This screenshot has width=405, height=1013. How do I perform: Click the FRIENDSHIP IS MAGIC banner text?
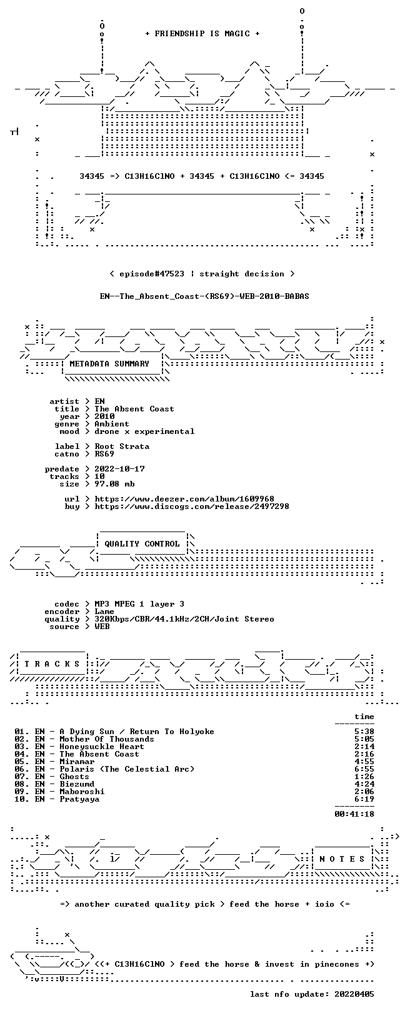pyautogui.click(x=202, y=34)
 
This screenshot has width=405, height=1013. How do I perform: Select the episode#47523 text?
pyautogui.click(x=152, y=274)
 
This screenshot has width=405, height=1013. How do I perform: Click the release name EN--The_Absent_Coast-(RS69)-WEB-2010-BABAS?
pyautogui.click(x=205, y=296)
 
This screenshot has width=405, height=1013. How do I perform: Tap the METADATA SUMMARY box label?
pyautogui.click(x=109, y=363)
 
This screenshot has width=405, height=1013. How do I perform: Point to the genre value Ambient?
pyautogui.click(x=112, y=424)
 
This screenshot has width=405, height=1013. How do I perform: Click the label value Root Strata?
pyautogui.click(x=122, y=446)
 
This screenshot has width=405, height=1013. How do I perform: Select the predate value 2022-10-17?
pyautogui.click(x=120, y=469)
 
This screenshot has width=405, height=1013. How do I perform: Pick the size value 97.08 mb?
pyautogui.click(x=114, y=484)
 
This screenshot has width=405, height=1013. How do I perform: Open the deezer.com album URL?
pyautogui.click(x=184, y=499)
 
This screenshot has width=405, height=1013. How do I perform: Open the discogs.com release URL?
pyautogui.click(x=192, y=506)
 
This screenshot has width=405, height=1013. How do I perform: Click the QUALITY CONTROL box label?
pyautogui.click(x=142, y=544)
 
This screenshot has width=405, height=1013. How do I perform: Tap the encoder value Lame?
pyautogui.click(x=104, y=612)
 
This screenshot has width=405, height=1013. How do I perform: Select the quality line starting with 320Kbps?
pyautogui.click(x=184, y=619)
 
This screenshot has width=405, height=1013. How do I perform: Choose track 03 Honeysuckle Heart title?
pyautogui.click(x=102, y=747)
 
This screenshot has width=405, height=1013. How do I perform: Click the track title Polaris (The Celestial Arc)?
pyautogui.click(x=127, y=769)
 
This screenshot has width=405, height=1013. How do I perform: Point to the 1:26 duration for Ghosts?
pyautogui.click(x=364, y=777)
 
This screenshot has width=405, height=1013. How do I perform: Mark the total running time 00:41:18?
pyautogui.click(x=354, y=814)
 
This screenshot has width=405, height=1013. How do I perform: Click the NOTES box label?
pyautogui.click(x=342, y=859)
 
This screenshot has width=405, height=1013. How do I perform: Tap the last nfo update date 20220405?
pyautogui.click(x=354, y=994)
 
